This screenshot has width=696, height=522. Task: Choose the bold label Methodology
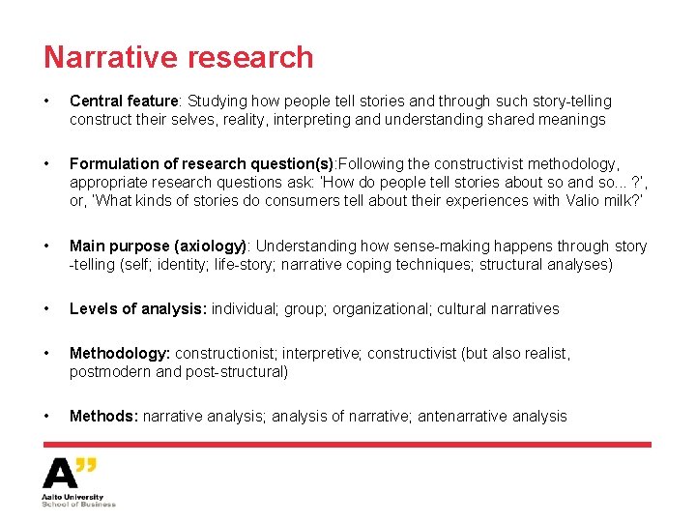[x=120, y=354]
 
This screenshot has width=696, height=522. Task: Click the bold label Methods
[x=103, y=417]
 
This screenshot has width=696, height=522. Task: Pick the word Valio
[x=547, y=201]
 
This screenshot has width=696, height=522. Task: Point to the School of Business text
[x=78, y=504]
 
